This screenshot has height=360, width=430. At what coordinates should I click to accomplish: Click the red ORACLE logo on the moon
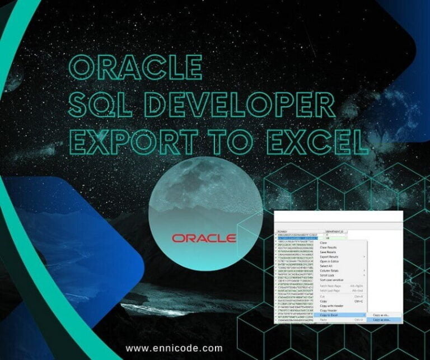pos(204,237)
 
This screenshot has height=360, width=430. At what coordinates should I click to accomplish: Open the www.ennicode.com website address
pos(174,348)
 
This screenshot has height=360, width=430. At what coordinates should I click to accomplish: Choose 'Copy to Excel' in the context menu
pos(331,315)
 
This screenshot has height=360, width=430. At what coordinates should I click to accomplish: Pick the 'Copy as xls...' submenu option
pos(382,315)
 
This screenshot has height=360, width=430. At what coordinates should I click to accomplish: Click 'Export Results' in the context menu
pos(330,256)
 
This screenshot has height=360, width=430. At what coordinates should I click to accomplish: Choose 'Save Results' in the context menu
pos(328,251)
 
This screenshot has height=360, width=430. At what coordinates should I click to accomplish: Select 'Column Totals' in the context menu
pos(330,270)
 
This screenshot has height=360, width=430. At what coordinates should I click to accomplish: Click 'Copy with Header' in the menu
pos(333,306)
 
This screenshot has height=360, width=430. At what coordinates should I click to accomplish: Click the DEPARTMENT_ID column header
pos(336,231)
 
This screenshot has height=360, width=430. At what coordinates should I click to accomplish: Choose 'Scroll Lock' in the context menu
pos(327,275)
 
